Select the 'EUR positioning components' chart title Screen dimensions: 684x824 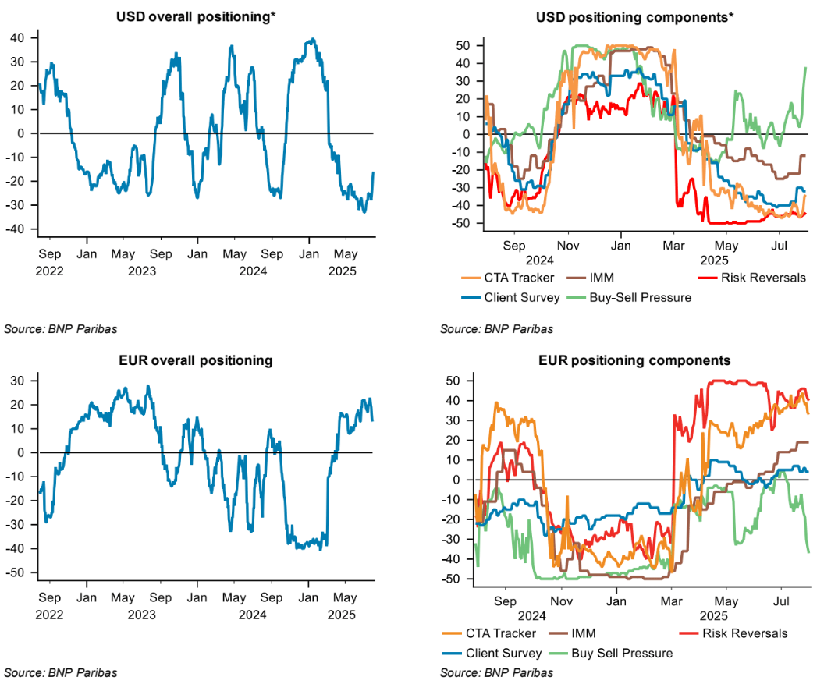point(634,360)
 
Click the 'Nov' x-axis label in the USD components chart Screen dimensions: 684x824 point(569,246)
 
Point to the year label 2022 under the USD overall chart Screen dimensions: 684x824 point(50,271)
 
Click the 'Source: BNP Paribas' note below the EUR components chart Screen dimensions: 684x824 point(496,672)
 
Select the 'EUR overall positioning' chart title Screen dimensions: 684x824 point(196,360)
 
